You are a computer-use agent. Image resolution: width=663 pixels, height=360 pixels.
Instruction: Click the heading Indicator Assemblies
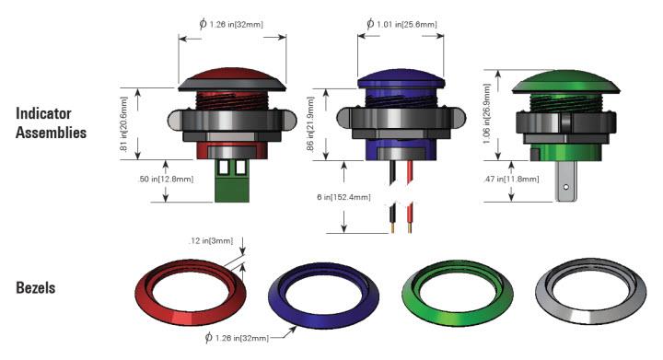coord(51,122)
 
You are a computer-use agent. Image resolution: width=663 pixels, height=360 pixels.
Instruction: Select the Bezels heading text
coord(35,288)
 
